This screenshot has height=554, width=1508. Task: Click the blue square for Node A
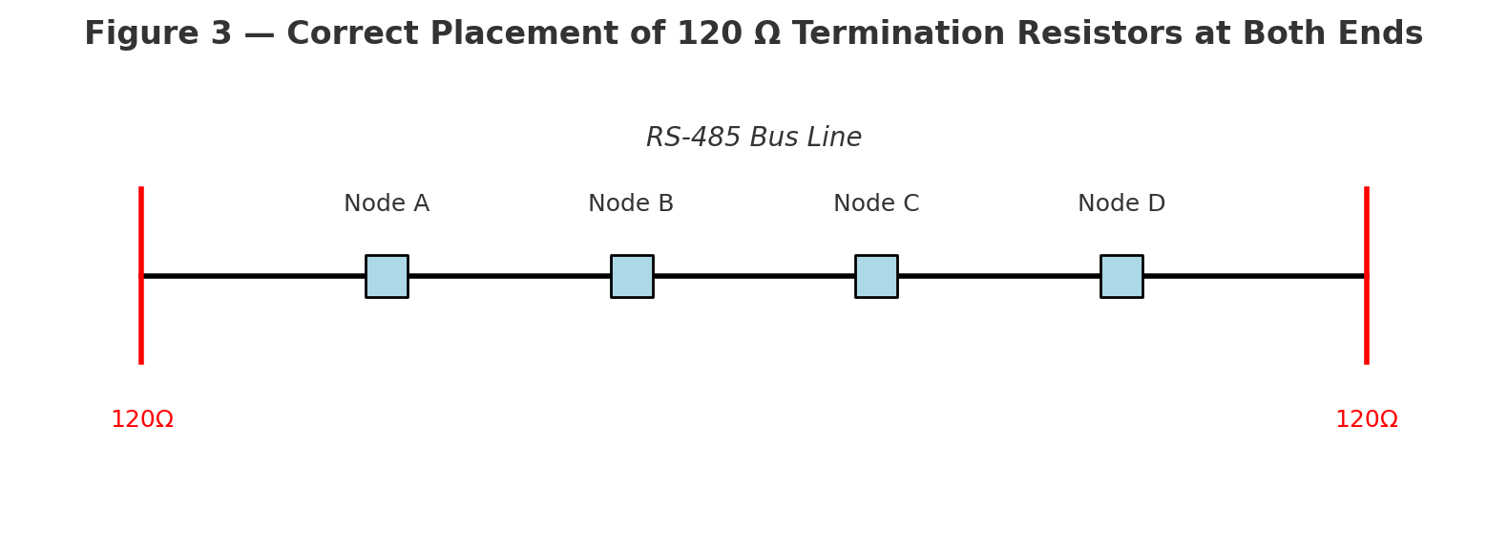pos(387,276)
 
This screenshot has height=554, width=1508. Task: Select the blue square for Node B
pos(632,276)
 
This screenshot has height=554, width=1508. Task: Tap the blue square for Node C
pos(876,276)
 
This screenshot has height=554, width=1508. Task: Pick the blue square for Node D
pos(1121,276)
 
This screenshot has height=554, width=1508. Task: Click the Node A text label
pos(387,204)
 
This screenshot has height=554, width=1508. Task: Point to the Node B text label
pos(631,204)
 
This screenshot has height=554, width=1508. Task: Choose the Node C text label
pos(876,204)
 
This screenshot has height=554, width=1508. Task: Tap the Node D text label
pos(1121,204)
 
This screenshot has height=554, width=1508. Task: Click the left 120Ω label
pos(142,420)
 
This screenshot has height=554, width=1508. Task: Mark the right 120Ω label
pos(1366,420)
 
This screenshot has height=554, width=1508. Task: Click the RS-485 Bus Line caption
pos(754,138)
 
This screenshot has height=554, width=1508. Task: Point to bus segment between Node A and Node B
pos(509,276)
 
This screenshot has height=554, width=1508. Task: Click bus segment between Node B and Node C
pos(754,276)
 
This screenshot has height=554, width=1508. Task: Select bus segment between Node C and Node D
pos(998,276)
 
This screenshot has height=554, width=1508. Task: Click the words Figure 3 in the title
pos(157,34)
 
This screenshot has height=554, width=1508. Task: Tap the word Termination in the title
pos(897,34)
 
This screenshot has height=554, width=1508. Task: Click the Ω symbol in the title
pos(766,34)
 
